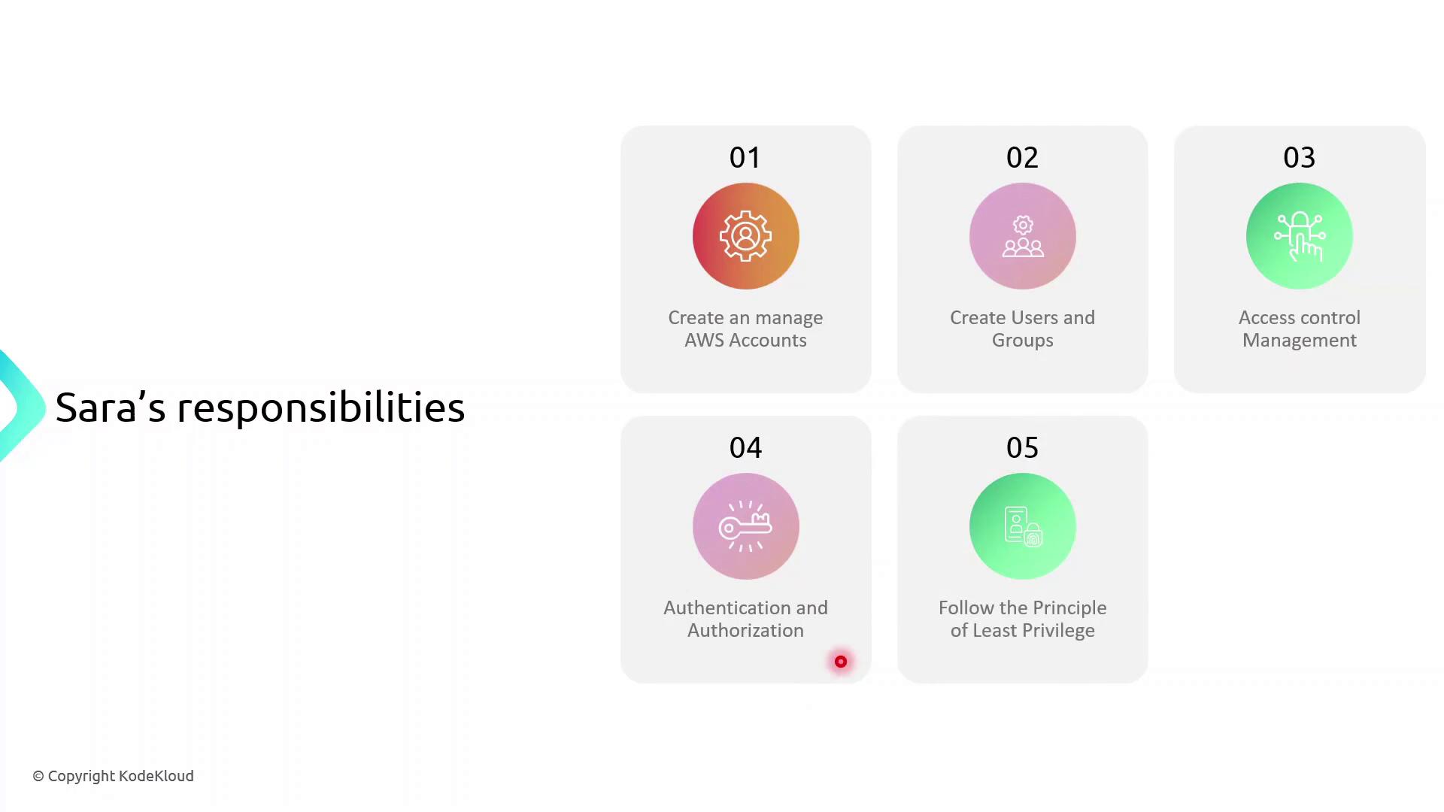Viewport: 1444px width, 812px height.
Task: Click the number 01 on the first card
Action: coord(745,157)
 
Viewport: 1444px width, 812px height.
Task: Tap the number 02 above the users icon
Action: coord(1022,157)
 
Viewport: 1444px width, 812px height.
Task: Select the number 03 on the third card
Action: coord(1299,157)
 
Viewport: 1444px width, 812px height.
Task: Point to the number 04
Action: coord(745,447)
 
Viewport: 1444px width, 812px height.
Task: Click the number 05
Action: coord(1022,447)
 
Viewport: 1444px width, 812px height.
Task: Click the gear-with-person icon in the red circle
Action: coord(745,236)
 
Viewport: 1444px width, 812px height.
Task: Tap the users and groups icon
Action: coord(1023,237)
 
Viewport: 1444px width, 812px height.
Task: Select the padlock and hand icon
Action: coord(1300,237)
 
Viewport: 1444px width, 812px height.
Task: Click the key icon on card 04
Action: coord(745,526)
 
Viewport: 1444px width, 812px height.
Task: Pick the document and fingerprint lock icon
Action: coord(1023,526)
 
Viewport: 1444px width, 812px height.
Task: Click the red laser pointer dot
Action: coord(841,662)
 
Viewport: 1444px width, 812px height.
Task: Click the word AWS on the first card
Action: coord(705,341)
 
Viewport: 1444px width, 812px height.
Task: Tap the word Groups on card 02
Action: coord(1022,341)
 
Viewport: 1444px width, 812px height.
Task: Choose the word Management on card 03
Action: coord(1300,341)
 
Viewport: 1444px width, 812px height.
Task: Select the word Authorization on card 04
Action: coord(745,631)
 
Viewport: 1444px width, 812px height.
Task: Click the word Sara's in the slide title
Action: coord(111,408)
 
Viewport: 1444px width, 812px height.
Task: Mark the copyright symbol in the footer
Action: coord(38,777)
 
